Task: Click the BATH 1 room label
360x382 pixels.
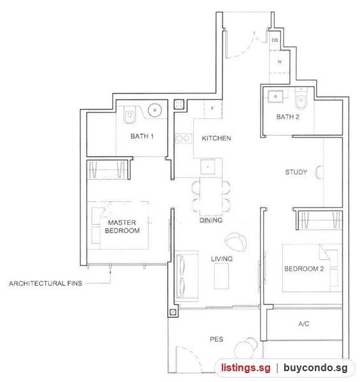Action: [x=142, y=136]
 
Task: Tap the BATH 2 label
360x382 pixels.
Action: [x=287, y=117]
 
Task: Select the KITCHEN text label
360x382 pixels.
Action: [x=216, y=138]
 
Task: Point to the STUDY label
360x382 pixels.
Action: [x=296, y=173]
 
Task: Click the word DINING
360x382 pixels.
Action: [x=211, y=220]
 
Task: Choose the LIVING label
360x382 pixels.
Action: [x=222, y=258]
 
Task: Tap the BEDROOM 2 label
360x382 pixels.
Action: [x=304, y=269]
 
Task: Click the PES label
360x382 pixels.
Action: [x=216, y=339]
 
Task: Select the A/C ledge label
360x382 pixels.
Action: [x=304, y=324]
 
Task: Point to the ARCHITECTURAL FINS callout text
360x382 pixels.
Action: [x=46, y=283]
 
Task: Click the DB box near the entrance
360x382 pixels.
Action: [x=275, y=40]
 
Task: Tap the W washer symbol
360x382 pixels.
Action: [x=279, y=62]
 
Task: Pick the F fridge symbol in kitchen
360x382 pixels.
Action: [x=213, y=109]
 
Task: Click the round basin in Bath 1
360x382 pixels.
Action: [x=155, y=110]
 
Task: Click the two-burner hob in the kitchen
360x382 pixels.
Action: [x=184, y=138]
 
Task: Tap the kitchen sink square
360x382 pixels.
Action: [x=208, y=167]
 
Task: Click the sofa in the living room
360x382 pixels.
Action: [x=187, y=275]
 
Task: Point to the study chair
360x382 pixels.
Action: [x=319, y=173]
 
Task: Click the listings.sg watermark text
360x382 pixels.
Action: [x=246, y=367]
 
